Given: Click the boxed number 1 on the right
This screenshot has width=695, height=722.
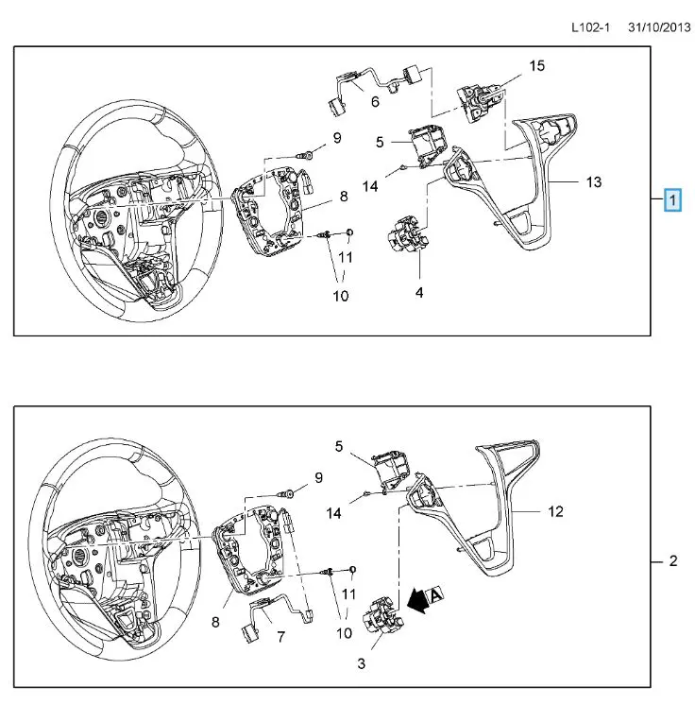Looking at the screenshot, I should pyautogui.click(x=672, y=200).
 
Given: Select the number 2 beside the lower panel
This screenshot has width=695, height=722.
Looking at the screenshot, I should pyautogui.click(x=672, y=561).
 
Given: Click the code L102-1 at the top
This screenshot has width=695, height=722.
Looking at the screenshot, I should pyautogui.click(x=590, y=27).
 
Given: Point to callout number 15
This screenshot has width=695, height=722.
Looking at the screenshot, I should pyautogui.click(x=536, y=65).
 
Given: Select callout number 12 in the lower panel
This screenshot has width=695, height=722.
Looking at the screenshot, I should pyautogui.click(x=555, y=511).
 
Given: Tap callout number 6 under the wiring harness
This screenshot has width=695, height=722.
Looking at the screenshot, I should pyautogui.click(x=375, y=101).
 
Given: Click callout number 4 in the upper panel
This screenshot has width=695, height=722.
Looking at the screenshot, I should pyautogui.click(x=419, y=292).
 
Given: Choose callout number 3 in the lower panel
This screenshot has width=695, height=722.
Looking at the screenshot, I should pyautogui.click(x=361, y=664).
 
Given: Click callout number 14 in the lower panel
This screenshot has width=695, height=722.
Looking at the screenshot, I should pyautogui.click(x=333, y=512).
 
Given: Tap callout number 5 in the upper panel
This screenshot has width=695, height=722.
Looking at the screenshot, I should pyautogui.click(x=380, y=142).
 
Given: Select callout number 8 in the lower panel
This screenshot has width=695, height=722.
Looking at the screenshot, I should pyautogui.click(x=216, y=623).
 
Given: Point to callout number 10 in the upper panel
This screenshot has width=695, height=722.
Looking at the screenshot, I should pyautogui.click(x=340, y=295).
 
